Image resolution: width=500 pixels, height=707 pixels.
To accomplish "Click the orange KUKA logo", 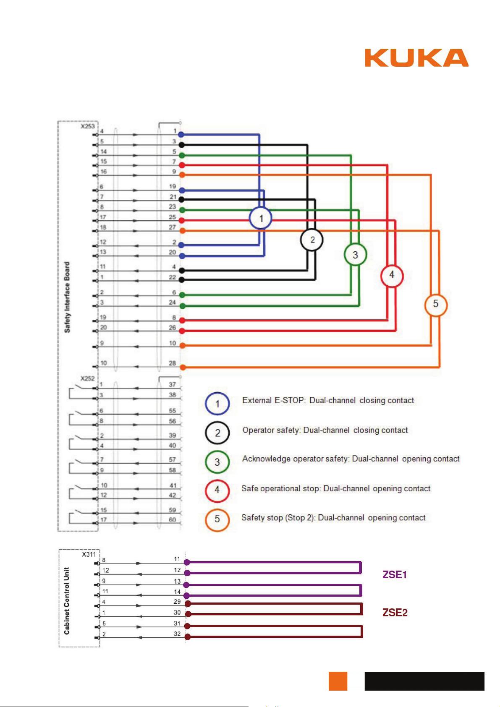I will [x=416, y=58].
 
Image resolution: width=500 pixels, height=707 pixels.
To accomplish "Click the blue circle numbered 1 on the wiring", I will [x=261, y=218].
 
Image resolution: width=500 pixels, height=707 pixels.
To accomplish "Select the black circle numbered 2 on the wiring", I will [x=312, y=240].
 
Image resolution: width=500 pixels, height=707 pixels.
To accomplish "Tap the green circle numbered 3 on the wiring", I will [x=355, y=255].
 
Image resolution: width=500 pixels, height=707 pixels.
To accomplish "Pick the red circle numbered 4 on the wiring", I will [x=392, y=275].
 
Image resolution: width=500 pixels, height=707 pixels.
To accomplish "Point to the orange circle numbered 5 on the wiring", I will [x=435, y=304].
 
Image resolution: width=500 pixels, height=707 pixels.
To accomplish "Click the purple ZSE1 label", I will [x=395, y=575].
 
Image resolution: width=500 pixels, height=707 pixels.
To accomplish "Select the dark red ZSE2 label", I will [x=395, y=613].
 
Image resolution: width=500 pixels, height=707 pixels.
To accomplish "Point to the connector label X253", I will [x=88, y=126].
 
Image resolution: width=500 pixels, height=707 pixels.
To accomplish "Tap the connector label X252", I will [x=87, y=378].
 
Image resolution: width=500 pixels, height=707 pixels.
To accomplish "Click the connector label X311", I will [x=89, y=554].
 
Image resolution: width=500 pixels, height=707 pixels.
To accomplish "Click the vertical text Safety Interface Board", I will [x=67, y=297].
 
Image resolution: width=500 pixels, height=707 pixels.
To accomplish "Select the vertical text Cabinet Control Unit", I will [x=67, y=600].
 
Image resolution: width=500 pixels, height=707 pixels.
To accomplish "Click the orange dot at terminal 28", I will [x=183, y=368].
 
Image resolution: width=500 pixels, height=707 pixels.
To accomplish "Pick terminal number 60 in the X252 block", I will [x=172, y=519].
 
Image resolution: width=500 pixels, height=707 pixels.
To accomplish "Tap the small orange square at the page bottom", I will [x=338, y=681].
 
